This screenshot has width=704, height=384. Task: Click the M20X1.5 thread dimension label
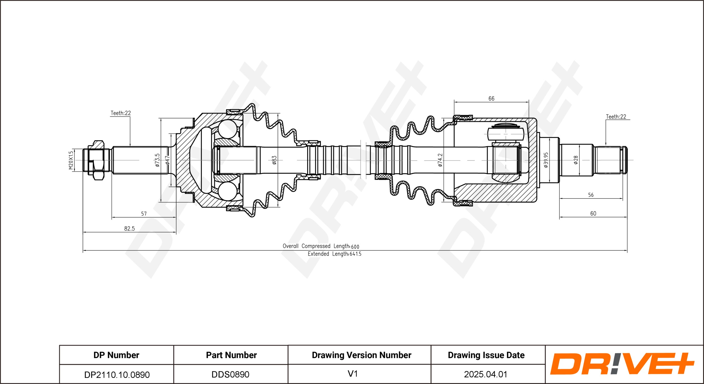pos(71,160)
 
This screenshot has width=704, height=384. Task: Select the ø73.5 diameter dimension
pos(157,160)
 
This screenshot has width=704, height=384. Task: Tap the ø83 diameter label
pos(274,160)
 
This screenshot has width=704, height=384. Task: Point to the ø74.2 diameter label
pos(440,160)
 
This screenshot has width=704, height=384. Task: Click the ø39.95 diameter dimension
pos(546,160)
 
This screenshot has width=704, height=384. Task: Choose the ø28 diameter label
pos(576,160)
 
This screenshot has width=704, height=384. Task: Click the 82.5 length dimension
pos(130,228)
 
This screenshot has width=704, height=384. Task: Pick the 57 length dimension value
pos(144,214)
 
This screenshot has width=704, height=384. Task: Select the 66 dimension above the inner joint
pos(491,99)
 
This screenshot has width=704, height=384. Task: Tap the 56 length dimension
pos(591,195)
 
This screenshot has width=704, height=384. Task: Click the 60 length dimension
pos(593,214)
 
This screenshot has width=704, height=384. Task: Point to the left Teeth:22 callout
pos(121,113)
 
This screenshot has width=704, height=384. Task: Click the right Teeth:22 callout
pos(616,117)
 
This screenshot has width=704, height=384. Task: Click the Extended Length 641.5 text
pos(335,254)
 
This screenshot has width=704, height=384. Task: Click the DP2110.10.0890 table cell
pos(117,375)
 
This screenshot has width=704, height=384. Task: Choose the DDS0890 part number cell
pos(230,374)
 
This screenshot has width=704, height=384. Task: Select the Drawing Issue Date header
pos(486,355)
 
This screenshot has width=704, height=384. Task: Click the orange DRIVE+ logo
pos(622,364)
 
